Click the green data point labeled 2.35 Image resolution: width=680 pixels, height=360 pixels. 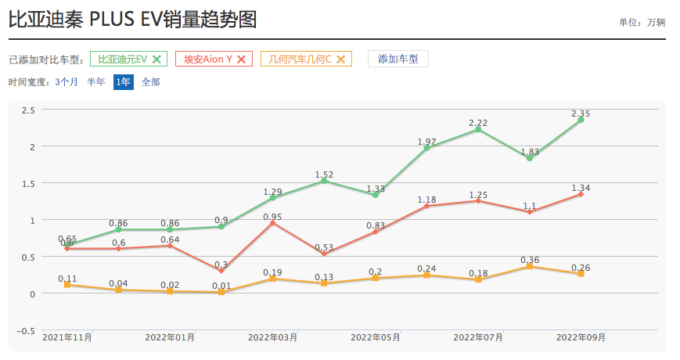pyautogui.click(x=581, y=120)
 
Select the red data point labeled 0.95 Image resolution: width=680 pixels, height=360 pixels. pyautogui.click(x=272, y=223)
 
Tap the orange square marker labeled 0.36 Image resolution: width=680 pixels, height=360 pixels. pyautogui.click(x=530, y=266)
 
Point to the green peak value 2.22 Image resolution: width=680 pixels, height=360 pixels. pyautogui.click(x=478, y=129)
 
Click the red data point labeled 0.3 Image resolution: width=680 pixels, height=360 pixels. pyautogui.click(x=221, y=271)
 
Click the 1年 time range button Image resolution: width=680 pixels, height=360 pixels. pyautogui.click(x=124, y=81)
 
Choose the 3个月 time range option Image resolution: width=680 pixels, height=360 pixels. pyautogui.click(x=67, y=81)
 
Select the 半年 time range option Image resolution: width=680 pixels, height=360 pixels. pyautogui.click(x=96, y=81)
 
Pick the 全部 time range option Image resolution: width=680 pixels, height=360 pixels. pyautogui.click(x=151, y=81)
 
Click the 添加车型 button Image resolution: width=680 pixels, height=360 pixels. pyautogui.click(x=398, y=59)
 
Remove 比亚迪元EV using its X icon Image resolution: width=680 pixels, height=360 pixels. pyautogui.click(x=157, y=59)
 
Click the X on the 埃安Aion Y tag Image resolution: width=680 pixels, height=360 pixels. pyautogui.click(x=241, y=59)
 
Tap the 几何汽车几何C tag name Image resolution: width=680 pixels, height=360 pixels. pyautogui.click(x=300, y=59)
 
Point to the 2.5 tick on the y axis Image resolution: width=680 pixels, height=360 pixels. pyautogui.click(x=28, y=110)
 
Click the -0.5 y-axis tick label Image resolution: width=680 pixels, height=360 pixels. pyautogui.click(x=27, y=330)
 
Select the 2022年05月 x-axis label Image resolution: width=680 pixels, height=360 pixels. pyautogui.click(x=376, y=337)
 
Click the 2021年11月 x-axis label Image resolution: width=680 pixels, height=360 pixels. pyautogui.click(x=67, y=337)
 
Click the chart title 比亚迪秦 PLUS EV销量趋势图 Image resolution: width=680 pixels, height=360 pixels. pyautogui.click(x=133, y=19)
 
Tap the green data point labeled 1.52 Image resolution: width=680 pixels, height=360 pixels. pyautogui.click(x=324, y=181)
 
